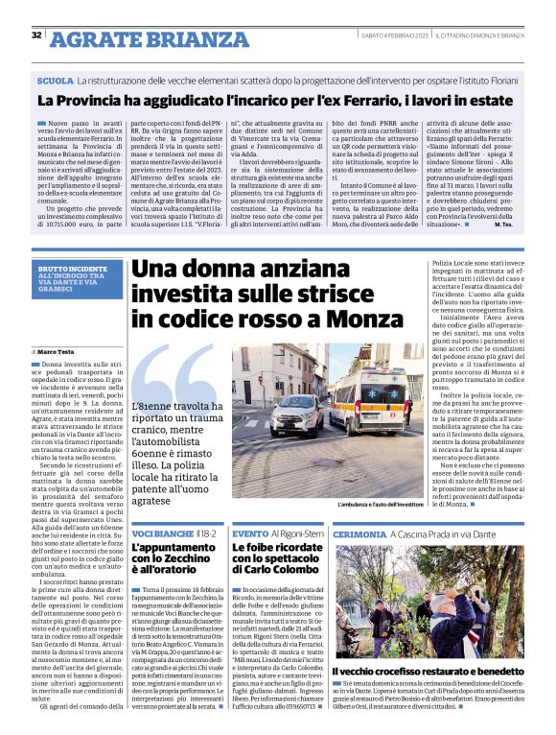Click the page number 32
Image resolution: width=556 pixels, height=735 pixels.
(36, 36)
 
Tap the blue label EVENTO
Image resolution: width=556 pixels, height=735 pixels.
(250, 532)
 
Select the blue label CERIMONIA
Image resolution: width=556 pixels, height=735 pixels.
(360, 532)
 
